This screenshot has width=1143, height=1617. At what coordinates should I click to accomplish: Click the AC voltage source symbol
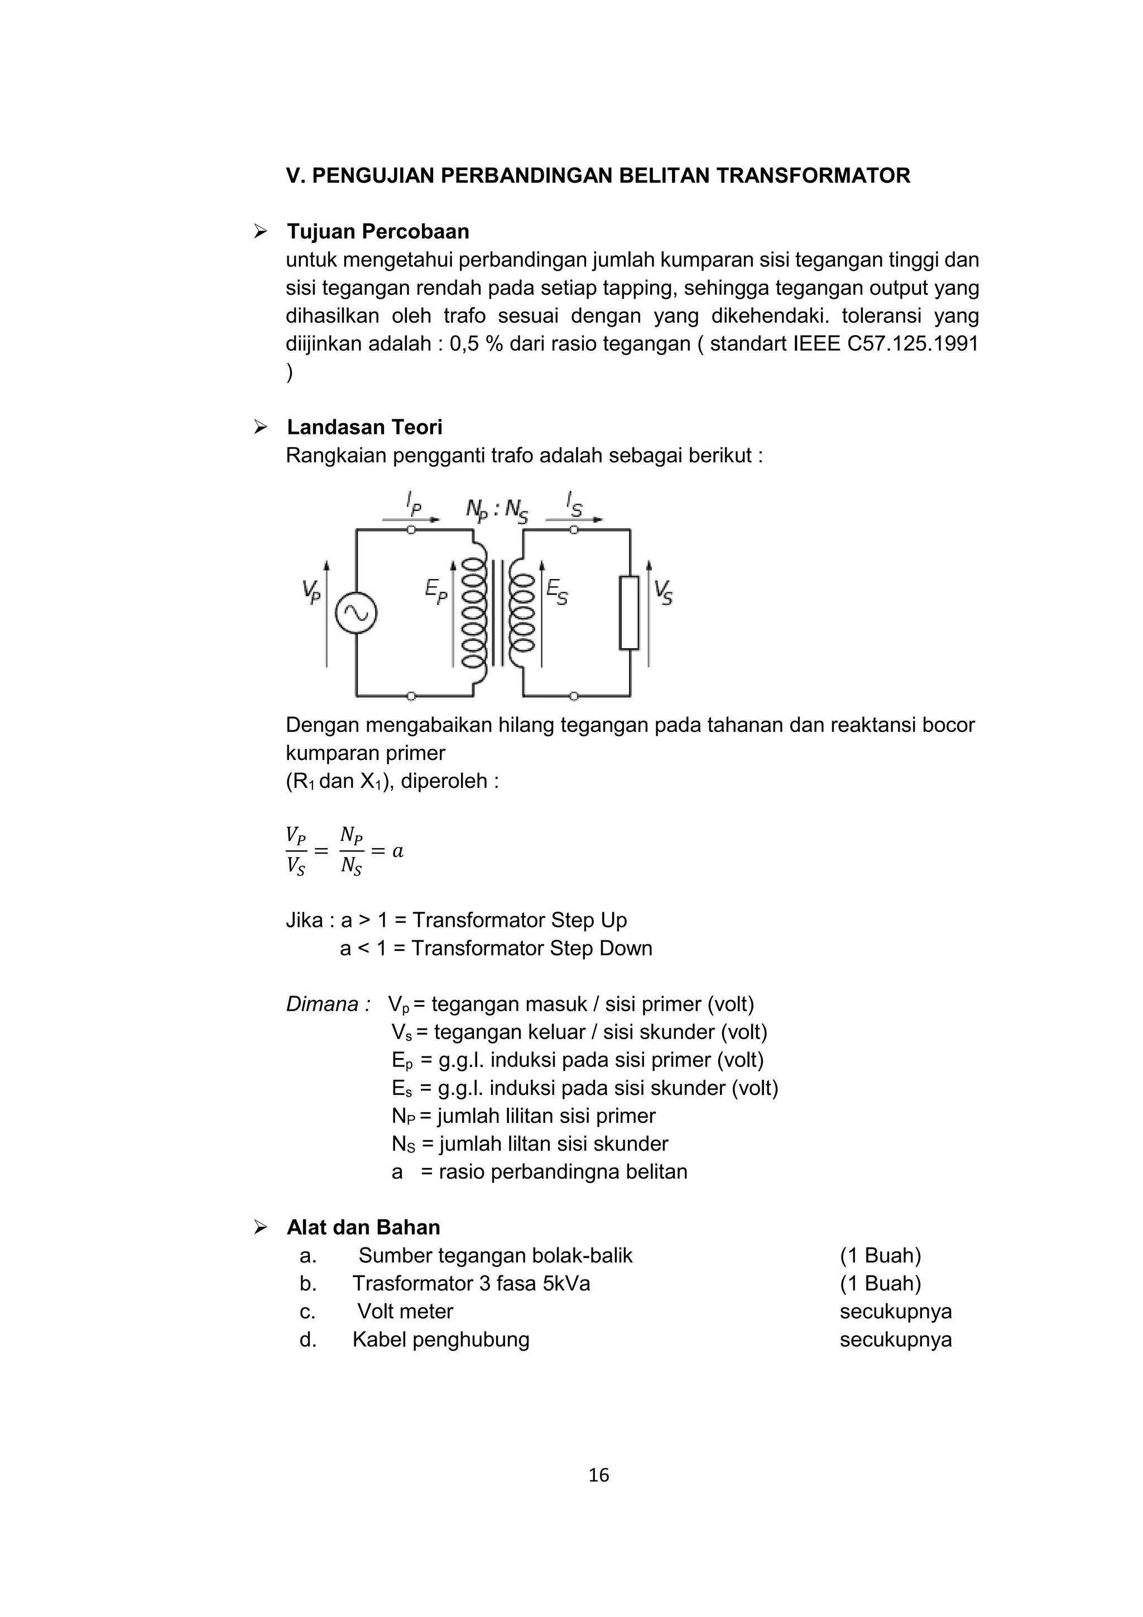(356, 613)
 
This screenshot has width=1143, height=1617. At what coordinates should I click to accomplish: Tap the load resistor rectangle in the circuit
(629, 612)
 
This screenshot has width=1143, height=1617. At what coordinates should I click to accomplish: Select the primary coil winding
(473, 613)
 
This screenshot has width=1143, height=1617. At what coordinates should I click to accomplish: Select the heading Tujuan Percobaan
(378, 232)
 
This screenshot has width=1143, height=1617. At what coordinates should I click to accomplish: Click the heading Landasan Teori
(364, 428)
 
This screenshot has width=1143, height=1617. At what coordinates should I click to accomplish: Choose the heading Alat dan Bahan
(363, 1227)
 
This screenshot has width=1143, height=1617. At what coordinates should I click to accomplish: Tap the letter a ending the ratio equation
(398, 851)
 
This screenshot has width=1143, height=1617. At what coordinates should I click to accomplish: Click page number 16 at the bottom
(599, 1475)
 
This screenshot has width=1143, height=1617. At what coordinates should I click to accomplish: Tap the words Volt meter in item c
(405, 1312)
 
